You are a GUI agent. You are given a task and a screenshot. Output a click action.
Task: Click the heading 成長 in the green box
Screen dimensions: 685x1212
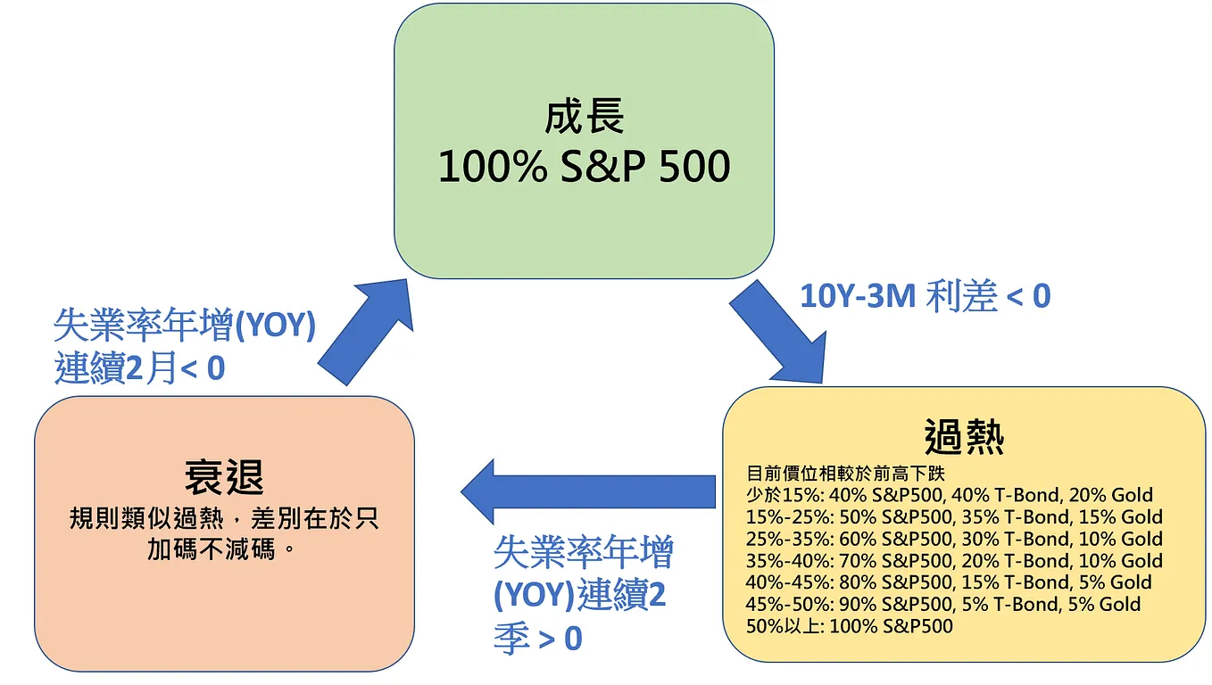585,117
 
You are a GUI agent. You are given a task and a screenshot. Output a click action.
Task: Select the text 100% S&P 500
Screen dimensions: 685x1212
585,166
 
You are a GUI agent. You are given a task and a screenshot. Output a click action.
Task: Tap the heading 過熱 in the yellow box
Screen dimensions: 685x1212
964,437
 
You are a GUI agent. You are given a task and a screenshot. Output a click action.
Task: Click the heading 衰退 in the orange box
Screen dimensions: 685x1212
224,477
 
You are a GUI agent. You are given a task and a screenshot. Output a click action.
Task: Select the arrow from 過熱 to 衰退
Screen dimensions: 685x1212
589,491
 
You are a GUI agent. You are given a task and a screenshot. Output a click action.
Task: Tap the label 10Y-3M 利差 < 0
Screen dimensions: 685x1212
925,296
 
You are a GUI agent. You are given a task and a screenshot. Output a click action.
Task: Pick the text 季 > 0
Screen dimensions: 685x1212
537,639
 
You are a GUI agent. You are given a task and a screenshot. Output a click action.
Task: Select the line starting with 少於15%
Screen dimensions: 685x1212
950,495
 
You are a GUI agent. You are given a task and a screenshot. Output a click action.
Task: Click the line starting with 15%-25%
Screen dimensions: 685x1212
954,517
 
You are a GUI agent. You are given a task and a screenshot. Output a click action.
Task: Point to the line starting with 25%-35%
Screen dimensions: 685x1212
954,539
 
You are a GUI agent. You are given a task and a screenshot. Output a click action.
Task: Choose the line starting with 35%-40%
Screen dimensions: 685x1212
954,561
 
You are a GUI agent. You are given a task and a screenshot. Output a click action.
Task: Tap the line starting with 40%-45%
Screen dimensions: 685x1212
950,582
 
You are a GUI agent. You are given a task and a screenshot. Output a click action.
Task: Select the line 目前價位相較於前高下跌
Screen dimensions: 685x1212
838,473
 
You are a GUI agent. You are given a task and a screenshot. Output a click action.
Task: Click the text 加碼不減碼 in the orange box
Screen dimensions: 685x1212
214,549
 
